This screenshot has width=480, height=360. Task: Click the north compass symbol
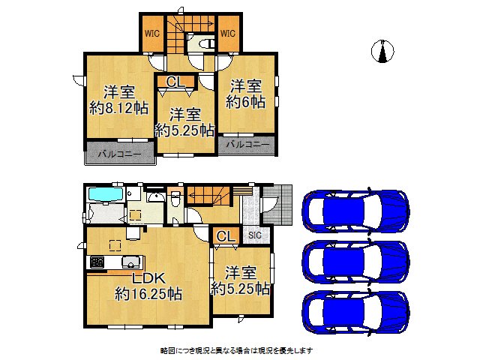(383, 50)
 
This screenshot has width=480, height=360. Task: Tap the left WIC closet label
(153, 34)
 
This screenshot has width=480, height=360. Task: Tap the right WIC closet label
(228, 34)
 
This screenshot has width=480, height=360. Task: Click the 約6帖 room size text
(247, 102)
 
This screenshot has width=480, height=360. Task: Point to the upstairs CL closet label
(175, 82)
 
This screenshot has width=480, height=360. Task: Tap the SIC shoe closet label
(255, 235)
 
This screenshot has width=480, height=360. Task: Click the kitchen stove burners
(98, 262)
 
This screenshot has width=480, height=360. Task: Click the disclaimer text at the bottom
(237, 350)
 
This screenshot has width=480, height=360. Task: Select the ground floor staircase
(208, 196)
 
